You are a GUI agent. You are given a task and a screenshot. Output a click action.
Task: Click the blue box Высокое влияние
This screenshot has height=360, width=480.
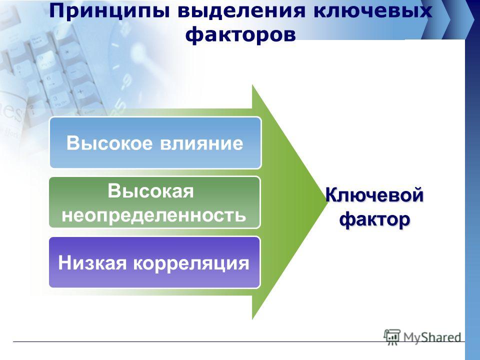[x=155, y=142]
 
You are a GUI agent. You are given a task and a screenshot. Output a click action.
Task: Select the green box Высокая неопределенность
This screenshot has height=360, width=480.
[x=155, y=202]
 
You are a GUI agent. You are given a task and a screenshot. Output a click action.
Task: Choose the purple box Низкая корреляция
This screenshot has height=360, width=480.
[x=154, y=262]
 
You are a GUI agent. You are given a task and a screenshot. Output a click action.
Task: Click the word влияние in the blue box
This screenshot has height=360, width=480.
[x=201, y=143]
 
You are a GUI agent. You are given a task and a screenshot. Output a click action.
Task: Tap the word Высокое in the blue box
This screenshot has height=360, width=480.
[x=109, y=143]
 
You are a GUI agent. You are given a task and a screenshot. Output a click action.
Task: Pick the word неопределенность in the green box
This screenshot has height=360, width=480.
[x=154, y=214]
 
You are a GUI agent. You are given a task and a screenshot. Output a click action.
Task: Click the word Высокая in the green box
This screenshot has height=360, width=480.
[x=150, y=191]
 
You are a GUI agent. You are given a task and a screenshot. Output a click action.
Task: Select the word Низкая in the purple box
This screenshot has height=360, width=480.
[x=92, y=262]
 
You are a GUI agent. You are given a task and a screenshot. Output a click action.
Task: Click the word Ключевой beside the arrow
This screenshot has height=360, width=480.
[x=374, y=195]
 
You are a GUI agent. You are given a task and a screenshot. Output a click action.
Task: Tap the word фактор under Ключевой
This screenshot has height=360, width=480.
[x=374, y=220]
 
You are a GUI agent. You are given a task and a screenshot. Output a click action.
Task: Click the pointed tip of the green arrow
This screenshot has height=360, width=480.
[x=327, y=201]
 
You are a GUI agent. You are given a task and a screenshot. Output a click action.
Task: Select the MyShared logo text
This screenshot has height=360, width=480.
[x=432, y=337]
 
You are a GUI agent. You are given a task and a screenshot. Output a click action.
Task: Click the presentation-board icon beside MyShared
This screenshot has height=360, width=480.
[x=392, y=337]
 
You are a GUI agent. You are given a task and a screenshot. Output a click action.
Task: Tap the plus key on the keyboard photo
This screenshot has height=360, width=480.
[x=80, y=91]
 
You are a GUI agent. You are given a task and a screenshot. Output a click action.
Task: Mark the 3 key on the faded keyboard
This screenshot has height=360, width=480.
[x=55, y=98]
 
